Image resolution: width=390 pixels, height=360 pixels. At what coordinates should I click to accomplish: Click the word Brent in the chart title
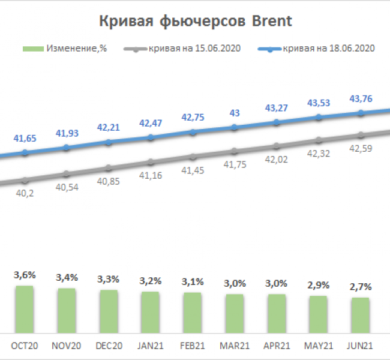click(271, 22)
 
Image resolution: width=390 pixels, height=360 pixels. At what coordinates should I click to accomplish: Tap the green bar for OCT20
click(25, 309)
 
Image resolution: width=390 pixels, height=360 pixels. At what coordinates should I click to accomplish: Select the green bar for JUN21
click(360, 315)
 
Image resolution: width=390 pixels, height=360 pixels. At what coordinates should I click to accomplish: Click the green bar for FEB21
click(193, 313)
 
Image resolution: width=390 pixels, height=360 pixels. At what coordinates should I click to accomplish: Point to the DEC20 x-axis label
click(109, 346)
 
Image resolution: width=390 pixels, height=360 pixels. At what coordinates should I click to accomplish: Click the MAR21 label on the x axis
click(235, 346)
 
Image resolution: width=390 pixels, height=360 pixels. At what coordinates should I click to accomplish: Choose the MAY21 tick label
click(319, 346)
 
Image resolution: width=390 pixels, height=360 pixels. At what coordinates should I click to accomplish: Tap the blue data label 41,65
click(25, 139)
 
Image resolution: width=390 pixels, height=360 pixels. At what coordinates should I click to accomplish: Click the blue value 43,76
click(360, 99)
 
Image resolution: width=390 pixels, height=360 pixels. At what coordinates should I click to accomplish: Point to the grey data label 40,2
click(25, 193)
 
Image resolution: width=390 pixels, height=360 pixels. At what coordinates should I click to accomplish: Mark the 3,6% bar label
click(25, 275)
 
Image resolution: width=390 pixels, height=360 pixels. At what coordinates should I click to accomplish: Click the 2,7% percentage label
click(360, 287)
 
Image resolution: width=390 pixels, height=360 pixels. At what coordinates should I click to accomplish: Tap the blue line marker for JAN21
click(151, 137)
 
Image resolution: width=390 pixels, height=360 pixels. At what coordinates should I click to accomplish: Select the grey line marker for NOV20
click(67, 174)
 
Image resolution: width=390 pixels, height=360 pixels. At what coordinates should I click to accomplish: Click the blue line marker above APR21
click(277, 122)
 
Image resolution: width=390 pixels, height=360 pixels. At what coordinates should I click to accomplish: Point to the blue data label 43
click(235, 113)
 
